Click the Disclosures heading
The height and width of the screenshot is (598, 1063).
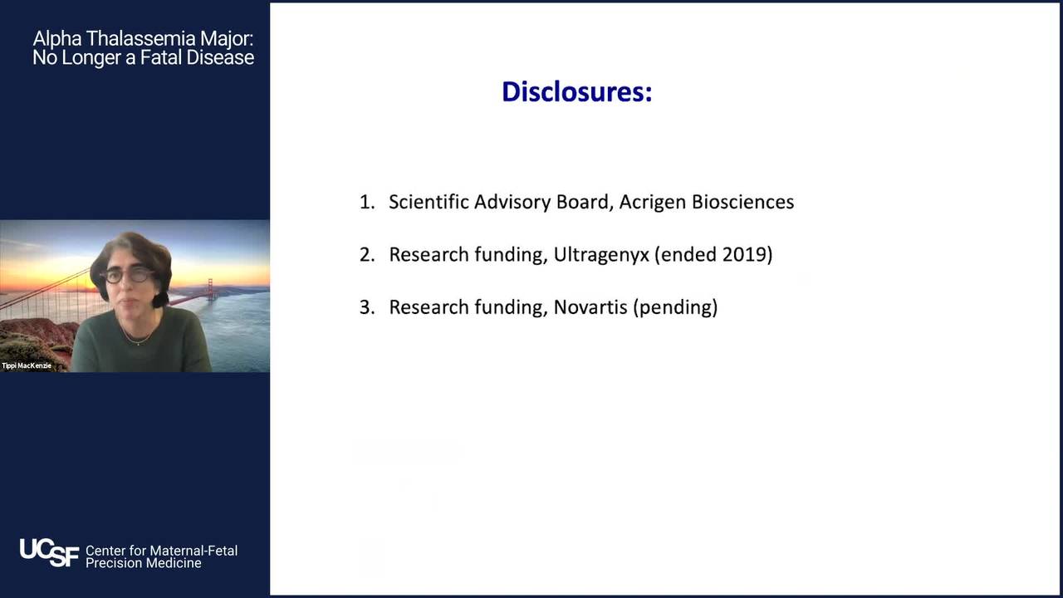(x=576, y=91)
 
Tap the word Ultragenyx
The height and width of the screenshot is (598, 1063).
(x=600, y=255)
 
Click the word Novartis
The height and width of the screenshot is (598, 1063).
(x=590, y=307)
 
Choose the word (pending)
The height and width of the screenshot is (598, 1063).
(x=675, y=307)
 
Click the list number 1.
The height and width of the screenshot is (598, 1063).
(x=366, y=202)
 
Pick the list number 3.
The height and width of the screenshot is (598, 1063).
(x=367, y=307)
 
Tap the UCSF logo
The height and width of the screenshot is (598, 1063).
(x=49, y=552)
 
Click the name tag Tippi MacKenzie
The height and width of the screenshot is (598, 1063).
(x=27, y=365)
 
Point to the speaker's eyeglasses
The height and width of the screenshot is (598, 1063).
(x=129, y=275)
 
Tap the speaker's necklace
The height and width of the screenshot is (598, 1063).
(x=138, y=335)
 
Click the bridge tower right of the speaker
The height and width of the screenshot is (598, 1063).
(x=210, y=290)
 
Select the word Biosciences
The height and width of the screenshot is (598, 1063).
(x=743, y=202)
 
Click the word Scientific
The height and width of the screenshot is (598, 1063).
(x=429, y=202)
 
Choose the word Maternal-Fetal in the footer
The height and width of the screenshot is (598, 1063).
(x=193, y=551)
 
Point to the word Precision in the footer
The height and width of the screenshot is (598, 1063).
(x=113, y=563)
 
